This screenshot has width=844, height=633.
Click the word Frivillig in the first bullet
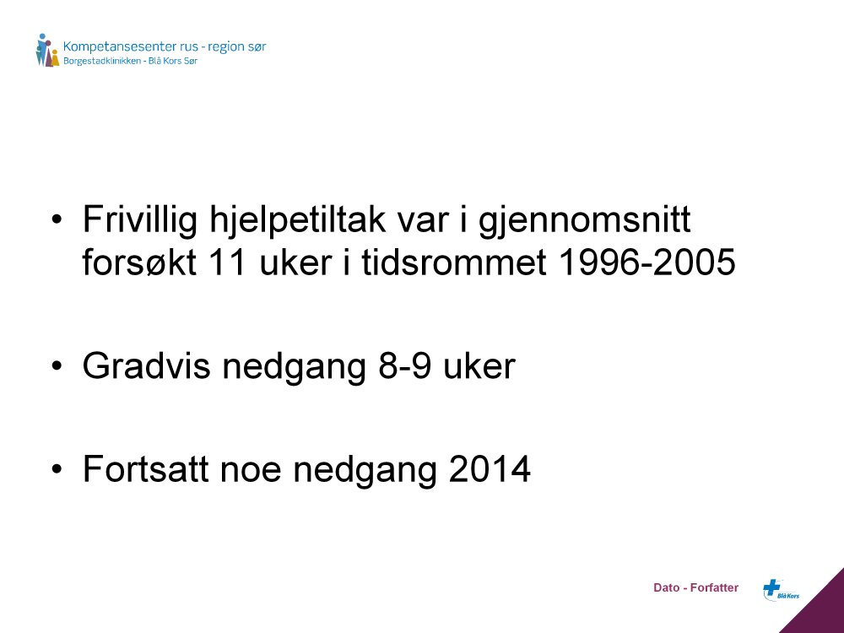tap(140, 220)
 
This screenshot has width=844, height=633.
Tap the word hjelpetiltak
tap(298, 220)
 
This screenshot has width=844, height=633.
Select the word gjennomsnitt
tap(585, 220)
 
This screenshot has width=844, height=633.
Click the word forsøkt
tap(139, 262)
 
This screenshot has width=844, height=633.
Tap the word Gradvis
tap(146, 366)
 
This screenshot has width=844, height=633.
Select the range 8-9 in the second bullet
tap(405, 366)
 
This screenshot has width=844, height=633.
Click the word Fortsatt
tap(145, 468)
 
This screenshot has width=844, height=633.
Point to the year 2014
tap(490, 468)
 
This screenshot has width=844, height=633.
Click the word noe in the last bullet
tap(251, 470)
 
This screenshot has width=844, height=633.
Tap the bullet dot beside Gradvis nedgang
tap(57, 366)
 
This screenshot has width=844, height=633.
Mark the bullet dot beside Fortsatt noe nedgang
tap(57, 468)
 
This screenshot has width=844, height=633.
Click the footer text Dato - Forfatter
tap(695, 587)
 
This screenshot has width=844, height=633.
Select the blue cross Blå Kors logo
tap(781, 589)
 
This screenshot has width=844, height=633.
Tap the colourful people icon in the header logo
tap(47, 51)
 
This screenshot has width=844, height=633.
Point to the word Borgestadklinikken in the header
tap(102, 61)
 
